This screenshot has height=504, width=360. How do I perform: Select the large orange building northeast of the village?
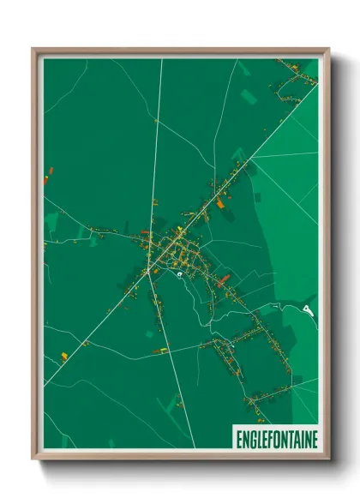(x=220, y=203)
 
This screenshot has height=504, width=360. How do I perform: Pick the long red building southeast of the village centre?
(x=225, y=279)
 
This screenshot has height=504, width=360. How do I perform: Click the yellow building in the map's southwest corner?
(x=64, y=355)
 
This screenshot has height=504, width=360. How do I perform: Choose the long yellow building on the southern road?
(x=160, y=350)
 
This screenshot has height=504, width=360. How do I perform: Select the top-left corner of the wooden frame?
(x=33, y=49)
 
